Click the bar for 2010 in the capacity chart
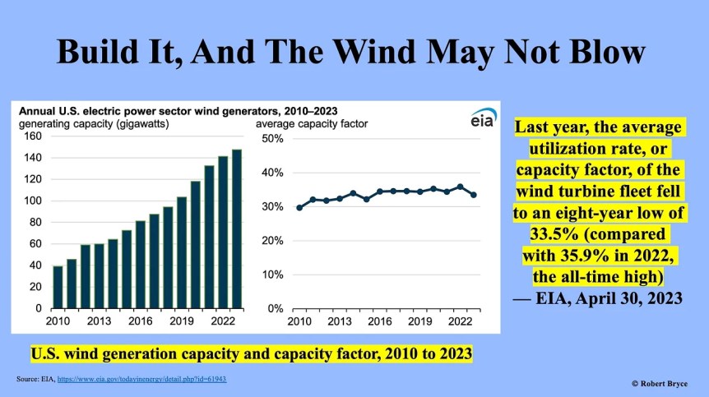point(58,287)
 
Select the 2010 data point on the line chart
point(299,207)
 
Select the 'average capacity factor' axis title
point(312,123)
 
